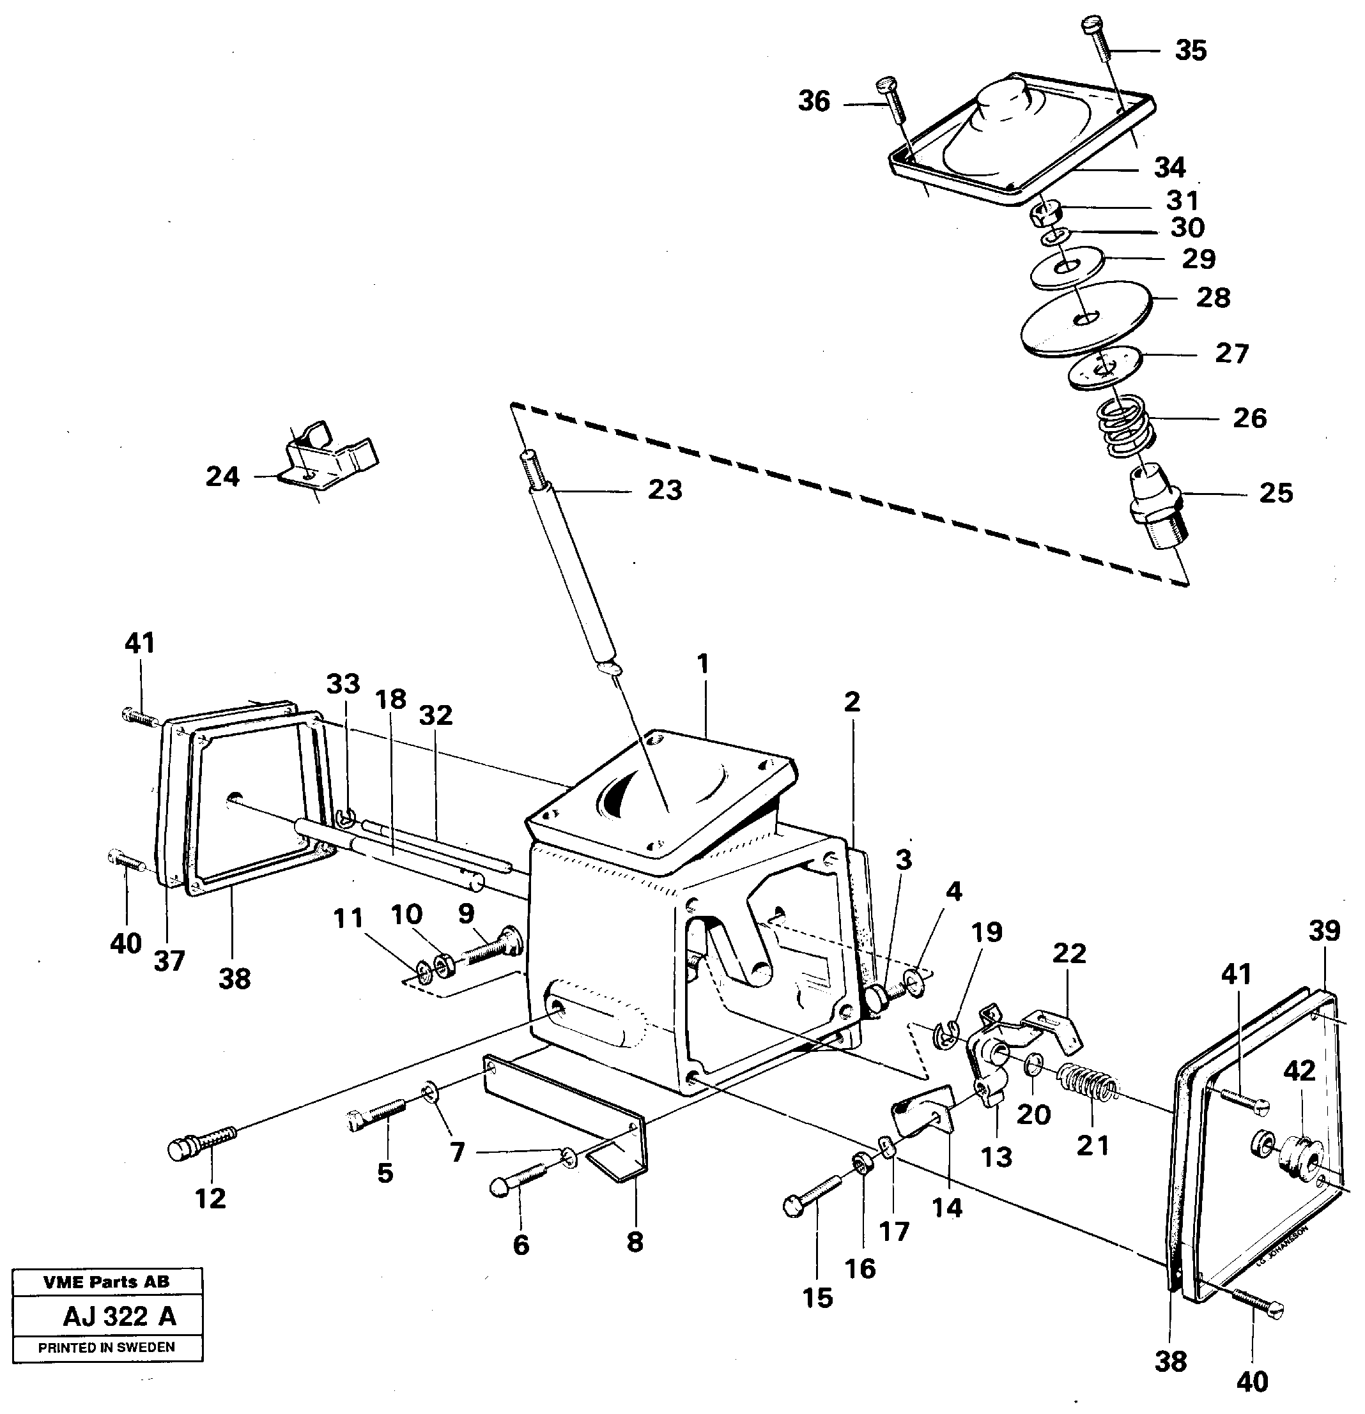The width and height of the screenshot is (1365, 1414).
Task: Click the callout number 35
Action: pyautogui.click(x=1191, y=50)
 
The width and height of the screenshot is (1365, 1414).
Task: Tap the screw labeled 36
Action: pyautogui.click(x=891, y=102)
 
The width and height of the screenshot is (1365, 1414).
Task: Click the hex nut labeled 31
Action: pyautogui.click(x=1045, y=213)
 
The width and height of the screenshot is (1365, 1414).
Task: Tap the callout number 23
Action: pyautogui.click(x=664, y=490)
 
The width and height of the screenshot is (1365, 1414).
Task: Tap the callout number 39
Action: pyautogui.click(x=1324, y=931)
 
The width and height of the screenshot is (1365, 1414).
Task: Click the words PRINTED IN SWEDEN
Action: pyautogui.click(x=106, y=1347)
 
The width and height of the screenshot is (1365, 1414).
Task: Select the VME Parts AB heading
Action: pyautogui.click(x=106, y=1282)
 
